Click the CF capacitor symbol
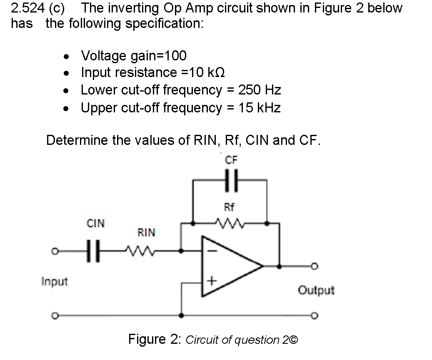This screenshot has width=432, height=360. tap(230, 180)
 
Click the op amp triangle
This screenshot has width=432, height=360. tap(229, 266)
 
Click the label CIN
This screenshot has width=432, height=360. tap(95, 224)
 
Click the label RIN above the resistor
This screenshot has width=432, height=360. tap(146, 233)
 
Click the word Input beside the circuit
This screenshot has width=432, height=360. tap(54, 282)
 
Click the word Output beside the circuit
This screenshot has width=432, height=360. tap(316, 290)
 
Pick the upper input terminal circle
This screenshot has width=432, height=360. tap(53, 251)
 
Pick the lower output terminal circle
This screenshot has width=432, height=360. tap(316, 315)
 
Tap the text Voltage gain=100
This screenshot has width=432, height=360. tap(134, 55)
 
